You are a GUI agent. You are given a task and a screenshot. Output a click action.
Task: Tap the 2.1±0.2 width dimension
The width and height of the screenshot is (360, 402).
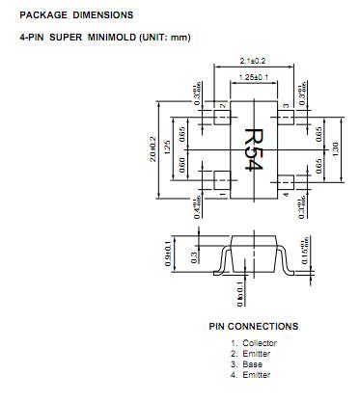[x=254, y=60]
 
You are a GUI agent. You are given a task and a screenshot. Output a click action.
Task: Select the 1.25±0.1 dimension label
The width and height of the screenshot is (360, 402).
[x=254, y=76]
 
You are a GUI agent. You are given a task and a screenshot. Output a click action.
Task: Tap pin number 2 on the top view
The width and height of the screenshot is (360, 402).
[x=222, y=106]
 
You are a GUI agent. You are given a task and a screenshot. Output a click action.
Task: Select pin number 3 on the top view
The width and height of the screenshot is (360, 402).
[x=286, y=106]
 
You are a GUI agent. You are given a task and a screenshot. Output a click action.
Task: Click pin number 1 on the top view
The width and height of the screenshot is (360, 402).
[x=222, y=194]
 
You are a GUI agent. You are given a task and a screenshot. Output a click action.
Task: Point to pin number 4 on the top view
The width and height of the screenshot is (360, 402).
[x=286, y=193]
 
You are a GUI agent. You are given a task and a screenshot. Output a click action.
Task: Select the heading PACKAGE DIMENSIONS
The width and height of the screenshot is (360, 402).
[x=69, y=15]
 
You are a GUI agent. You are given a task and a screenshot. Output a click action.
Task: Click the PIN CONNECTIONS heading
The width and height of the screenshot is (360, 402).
[x=253, y=326]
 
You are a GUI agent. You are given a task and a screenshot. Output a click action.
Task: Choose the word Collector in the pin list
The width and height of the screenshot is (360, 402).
[x=259, y=343]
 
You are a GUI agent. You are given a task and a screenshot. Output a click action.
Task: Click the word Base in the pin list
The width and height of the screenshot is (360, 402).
[x=251, y=364]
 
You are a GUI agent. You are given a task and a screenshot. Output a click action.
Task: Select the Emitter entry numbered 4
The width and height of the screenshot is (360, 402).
[x=255, y=375]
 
